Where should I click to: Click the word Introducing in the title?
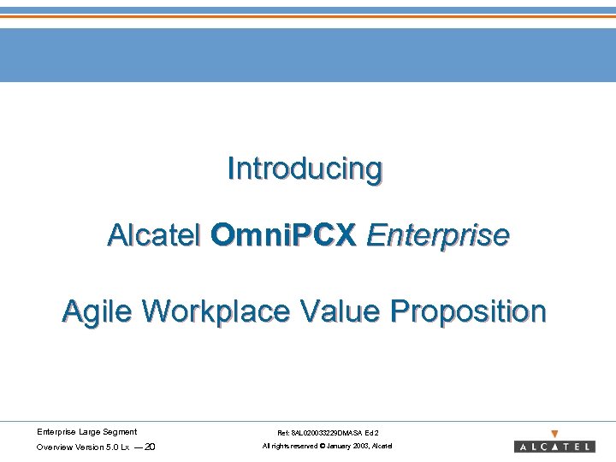coord(305,169)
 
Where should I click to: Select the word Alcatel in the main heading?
coord(154,234)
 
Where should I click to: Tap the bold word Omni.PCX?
coord(283,234)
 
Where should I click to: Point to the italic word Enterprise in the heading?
coord(437,234)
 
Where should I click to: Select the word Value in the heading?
coord(340,311)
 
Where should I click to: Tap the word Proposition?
coord(468,311)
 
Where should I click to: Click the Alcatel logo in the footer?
coord(554,447)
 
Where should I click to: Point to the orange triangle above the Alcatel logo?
coord(554,434)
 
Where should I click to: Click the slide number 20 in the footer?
coord(150,447)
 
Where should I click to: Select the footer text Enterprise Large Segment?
coord(86,432)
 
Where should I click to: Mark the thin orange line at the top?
coord(308,16)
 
